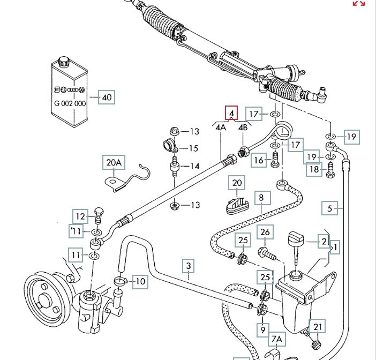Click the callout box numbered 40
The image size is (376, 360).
click(107, 97)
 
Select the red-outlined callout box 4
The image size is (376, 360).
click(231, 114)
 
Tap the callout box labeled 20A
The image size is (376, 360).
click(114, 162)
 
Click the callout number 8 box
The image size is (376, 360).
click(261, 198)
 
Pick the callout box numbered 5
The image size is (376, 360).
click(330, 207)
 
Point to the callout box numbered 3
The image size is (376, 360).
click(189, 265)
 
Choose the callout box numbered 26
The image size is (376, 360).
click(265, 232)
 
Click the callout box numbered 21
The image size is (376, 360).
click(318, 327)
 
